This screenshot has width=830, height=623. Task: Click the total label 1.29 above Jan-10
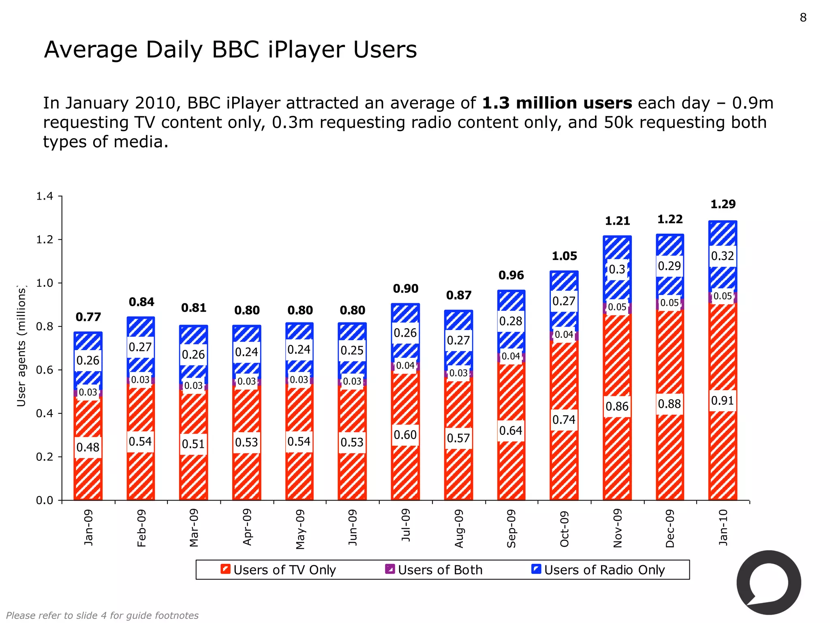[x=723, y=204]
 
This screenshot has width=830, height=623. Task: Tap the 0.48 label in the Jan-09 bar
[x=88, y=447]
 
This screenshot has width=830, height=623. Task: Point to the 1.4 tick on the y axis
[x=45, y=196]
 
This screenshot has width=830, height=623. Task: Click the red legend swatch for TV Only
[x=226, y=569]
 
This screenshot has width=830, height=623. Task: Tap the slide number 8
[x=803, y=18]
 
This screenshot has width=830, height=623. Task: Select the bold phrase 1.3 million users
[x=557, y=103]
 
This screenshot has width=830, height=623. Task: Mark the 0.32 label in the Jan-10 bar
[x=722, y=256]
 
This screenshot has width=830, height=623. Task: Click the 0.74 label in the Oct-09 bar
[x=564, y=419]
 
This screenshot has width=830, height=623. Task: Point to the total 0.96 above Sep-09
[x=511, y=275]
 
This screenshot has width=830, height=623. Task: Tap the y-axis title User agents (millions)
[x=21, y=346]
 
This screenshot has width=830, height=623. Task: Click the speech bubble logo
[x=768, y=583]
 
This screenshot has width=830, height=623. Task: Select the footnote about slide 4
[x=102, y=615]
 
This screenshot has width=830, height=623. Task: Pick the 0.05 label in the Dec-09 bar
[x=670, y=303]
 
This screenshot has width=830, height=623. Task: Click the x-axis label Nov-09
[x=617, y=528]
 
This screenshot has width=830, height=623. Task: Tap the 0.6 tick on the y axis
[x=45, y=370]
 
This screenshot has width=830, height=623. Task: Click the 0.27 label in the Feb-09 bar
[x=140, y=347]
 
